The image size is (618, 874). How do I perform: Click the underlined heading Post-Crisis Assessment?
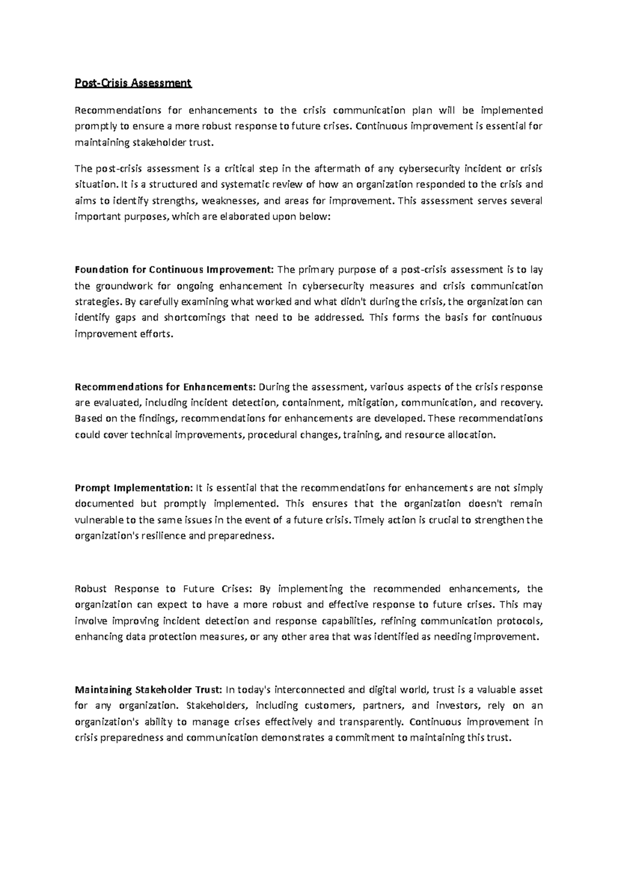(x=133, y=83)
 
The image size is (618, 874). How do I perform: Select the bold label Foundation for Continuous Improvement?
(x=175, y=270)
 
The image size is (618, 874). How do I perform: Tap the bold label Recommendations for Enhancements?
(x=165, y=387)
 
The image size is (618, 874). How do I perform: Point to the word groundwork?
(x=121, y=286)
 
